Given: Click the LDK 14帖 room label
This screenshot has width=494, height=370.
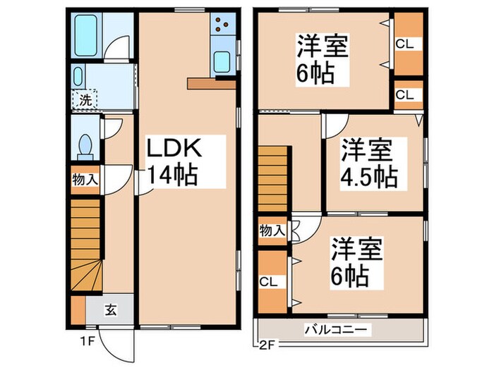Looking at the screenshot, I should [174, 161].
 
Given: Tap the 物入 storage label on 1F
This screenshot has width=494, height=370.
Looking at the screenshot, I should [85, 180].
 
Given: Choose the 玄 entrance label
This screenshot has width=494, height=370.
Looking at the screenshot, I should [112, 308].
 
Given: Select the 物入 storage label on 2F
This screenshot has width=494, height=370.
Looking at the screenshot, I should [272, 230].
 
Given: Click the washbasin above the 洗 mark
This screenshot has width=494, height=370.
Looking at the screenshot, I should [78, 77].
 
